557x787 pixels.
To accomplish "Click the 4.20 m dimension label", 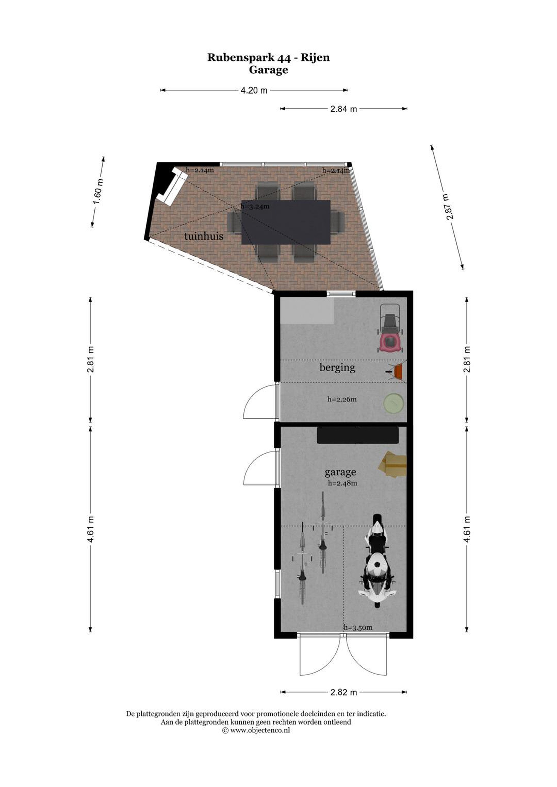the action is point(254,90).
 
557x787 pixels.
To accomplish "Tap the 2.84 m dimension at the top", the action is point(344,109).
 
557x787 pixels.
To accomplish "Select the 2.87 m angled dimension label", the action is point(448,207).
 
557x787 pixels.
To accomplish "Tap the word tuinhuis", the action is point(204,236).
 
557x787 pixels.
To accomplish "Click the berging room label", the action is point(337,368).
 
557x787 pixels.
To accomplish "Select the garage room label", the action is point(340,473).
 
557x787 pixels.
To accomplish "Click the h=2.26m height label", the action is point(342,399).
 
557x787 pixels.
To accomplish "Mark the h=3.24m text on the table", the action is point(255,206).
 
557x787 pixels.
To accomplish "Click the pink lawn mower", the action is point(391,328).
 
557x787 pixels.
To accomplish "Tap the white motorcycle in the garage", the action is point(377,561).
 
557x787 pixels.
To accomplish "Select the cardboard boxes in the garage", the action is point(393,465).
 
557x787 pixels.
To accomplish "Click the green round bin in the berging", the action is point(393,403).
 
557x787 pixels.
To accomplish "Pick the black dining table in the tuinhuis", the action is point(286,222).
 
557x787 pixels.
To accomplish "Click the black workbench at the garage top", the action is point(358,435).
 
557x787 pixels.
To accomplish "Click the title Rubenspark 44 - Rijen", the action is point(268,58).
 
